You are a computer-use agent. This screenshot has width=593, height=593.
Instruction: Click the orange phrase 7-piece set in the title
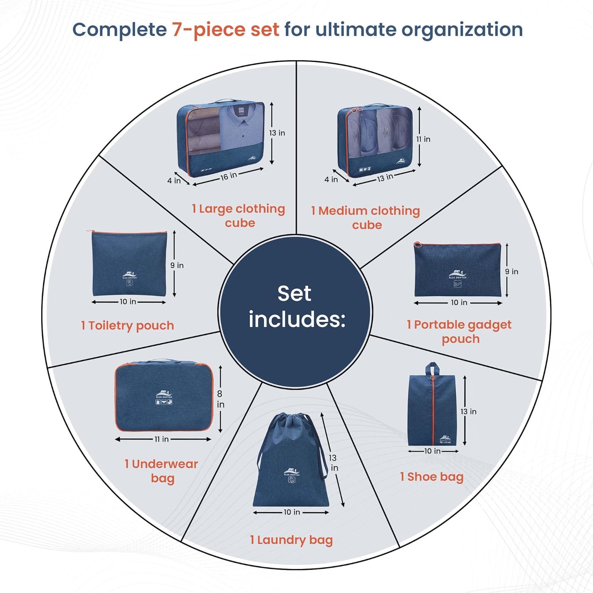tap(225, 30)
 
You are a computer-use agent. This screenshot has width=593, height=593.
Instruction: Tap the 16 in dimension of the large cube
tap(229, 176)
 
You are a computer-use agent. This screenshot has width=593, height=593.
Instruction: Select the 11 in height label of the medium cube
tap(423, 139)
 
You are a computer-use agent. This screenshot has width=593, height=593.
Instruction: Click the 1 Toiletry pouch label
tap(127, 325)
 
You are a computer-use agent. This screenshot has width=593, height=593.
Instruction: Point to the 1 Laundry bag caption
tap(291, 540)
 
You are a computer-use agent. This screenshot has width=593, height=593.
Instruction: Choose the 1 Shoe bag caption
tap(432, 477)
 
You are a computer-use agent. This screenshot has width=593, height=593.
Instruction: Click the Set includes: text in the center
tap(295, 306)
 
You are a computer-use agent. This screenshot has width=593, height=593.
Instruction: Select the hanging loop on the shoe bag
tap(432, 369)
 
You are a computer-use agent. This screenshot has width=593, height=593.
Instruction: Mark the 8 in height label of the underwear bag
tap(220, 399)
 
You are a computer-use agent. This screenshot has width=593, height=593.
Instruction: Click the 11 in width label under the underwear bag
tap(162, 439)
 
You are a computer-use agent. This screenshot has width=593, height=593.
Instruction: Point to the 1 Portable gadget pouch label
tap(459, 332)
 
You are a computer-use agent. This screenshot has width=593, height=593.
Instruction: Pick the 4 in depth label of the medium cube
tap(331, 179)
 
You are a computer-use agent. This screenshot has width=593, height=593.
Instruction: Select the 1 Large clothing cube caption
tap(238, 215)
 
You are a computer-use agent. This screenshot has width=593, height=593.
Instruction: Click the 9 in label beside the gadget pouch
tap(512, 272)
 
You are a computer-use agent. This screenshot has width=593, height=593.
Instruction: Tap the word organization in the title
tap(462, 30)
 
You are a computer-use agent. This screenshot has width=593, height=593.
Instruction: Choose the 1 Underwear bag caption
tap(161, 471)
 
